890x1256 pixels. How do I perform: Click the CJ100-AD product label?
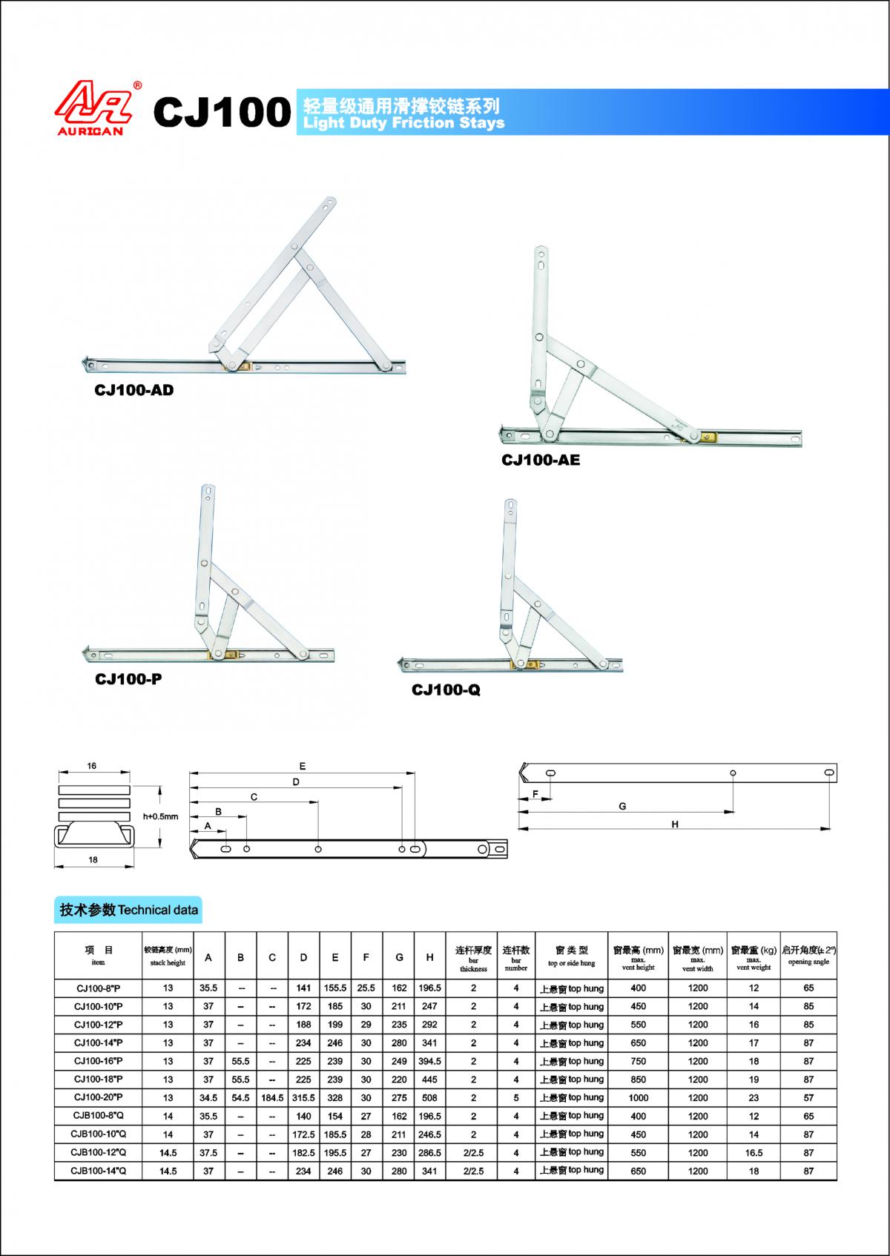pyautogui.click(x=133, y=389)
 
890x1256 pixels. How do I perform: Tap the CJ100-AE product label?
pyautogui.click(x=541, y=460)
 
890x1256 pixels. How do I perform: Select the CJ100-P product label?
pyautogui.click(x=128, y=678)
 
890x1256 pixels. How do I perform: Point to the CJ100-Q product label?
pyautogui.click(x=446, y=690)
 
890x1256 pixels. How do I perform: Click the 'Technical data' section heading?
pyautogui.click(x=129, y=910)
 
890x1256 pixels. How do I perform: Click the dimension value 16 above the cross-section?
pyautogui.click(x=92, y=766)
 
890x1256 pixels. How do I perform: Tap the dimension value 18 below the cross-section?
pyautogui.click(x=93, y=860)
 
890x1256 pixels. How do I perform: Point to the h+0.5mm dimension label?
pyautogui.click(x=161, y=816)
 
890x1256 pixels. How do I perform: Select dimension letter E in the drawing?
pyautogui.click(x=303, y=767)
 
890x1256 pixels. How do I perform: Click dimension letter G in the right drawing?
pyautogui.click(x=623, y=806)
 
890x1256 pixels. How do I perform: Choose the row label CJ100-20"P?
pyautogui.click(x=99, y=1097)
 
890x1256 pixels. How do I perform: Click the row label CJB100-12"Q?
pyautogui.click(x=99, y=1152)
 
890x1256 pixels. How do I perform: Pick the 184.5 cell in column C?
pyautogui.click(x=272, y=1097)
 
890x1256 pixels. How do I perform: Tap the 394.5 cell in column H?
pyautogui.click(x=429, y=1061)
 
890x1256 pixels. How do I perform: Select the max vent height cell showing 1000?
pyautogui.click(x=638, y=1097)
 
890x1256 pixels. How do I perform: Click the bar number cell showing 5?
pyautogui.click(x=516, y=1097)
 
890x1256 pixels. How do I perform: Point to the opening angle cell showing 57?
pyautogui.click(x=808, y=1097)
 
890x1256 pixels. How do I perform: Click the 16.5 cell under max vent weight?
pyautogui.click(x=754, y=1153)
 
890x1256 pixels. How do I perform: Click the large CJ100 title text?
pyautogui.click(x=222, y=112)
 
